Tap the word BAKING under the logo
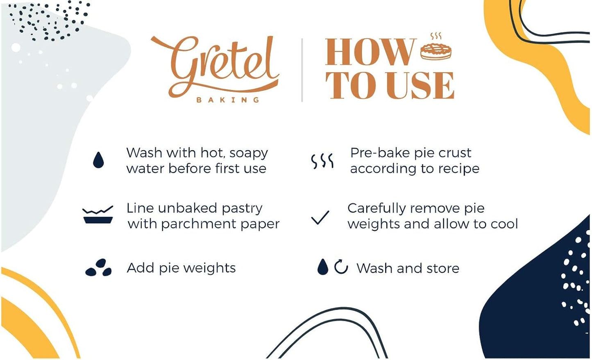(228, 100)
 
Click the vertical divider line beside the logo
(302, 70)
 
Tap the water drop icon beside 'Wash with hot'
(98, 160)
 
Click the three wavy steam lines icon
(322, 161)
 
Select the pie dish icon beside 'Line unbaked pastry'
(98, 215)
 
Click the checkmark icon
(320, 217)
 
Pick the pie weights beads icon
(98, 268)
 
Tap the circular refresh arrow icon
(341, 267)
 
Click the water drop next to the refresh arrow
(323, 267)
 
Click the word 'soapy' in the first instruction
(248, 153)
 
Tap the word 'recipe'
(458, 169)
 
